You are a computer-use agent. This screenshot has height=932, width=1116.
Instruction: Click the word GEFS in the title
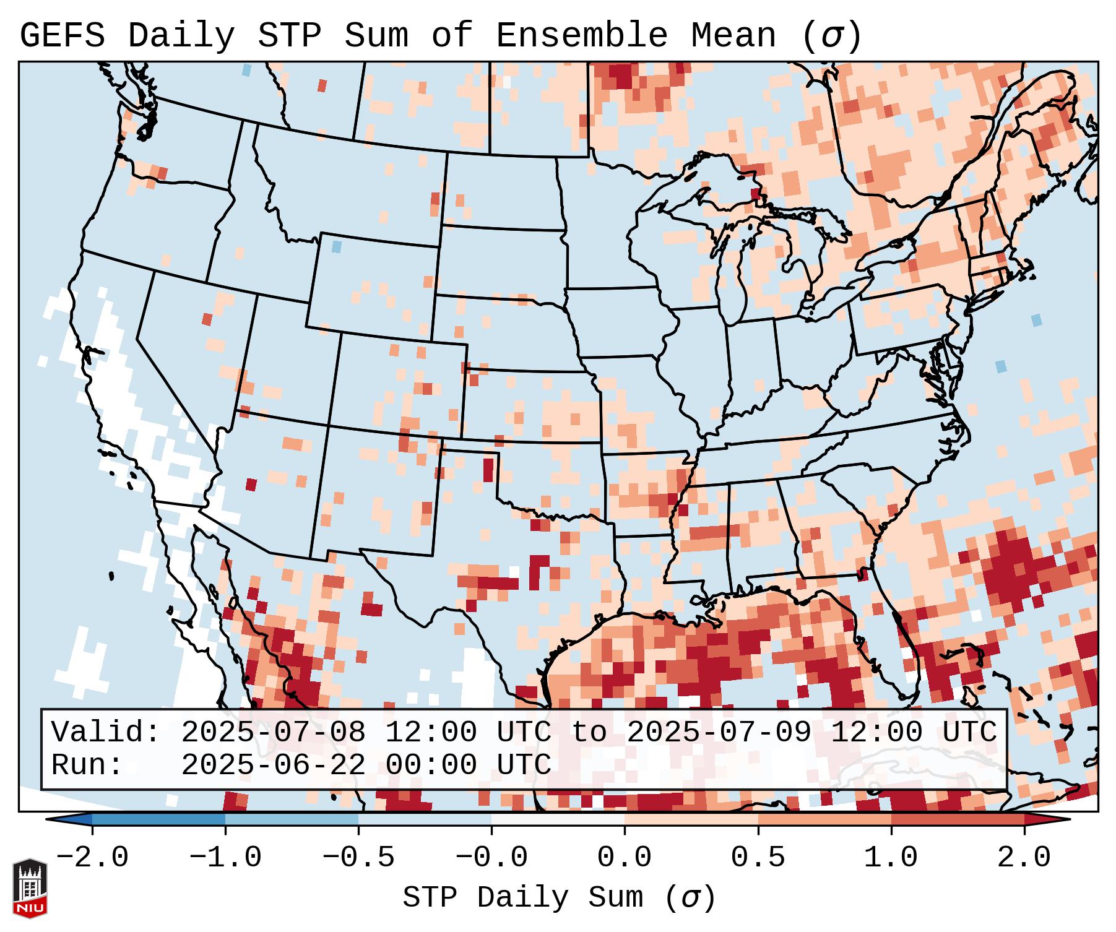click(62, 37)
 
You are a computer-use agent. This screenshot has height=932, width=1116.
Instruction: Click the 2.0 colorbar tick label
click(1024, 858)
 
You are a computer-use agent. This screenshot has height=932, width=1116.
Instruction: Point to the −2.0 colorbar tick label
click(92, 858)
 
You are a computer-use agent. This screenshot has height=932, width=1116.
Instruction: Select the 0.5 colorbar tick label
click(758, 858)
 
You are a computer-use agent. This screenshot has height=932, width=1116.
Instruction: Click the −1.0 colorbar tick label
click(225, 858)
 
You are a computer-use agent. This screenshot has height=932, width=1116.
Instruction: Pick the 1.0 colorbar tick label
click(891, 858)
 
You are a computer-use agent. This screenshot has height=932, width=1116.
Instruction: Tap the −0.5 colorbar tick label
click(358, 858)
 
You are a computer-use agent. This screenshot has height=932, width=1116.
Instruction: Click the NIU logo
click(30, 888)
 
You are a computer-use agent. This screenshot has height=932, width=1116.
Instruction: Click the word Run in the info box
click(87, 765)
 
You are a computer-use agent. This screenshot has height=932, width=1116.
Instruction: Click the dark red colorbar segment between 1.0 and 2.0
click(958, 819)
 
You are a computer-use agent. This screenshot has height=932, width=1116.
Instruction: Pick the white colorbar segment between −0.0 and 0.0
click(558, 819)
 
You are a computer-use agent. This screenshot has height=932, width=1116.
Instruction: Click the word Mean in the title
click(733, 37)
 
